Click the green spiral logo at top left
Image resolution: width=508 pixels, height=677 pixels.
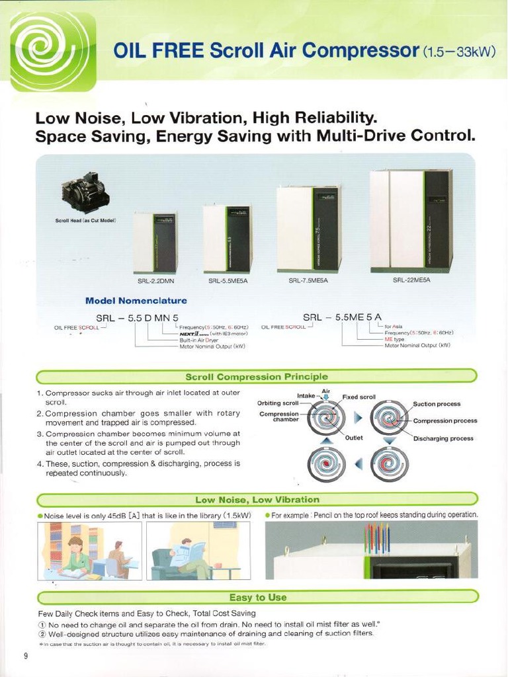tap(54, 52)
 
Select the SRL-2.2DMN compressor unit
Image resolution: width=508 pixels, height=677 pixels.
tap(155, 243)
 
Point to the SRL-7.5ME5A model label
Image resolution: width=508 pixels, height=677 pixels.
tap(308, 281)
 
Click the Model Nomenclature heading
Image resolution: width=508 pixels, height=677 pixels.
tap(136, 301)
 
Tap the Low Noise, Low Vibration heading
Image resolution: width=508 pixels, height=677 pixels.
tap(257, 500)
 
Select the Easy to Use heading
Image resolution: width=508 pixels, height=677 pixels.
tap(257, 598)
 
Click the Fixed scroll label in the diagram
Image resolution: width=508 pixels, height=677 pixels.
tap(359, 397)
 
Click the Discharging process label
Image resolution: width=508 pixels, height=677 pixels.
tap(443, 438)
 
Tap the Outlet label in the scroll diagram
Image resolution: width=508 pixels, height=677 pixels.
tap(354, 438)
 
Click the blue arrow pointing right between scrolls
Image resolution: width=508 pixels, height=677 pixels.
tap(358, 418)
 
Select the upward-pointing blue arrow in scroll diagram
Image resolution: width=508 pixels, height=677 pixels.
tap(325, 441)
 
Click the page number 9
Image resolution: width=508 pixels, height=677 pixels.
tap(26, 656)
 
